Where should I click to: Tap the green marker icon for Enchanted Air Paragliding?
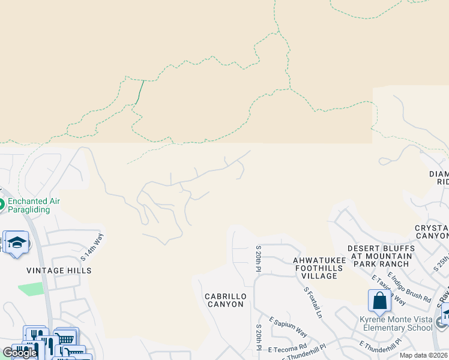1,205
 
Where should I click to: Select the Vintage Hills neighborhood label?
59,271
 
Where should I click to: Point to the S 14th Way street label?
92,247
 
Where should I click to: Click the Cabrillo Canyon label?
224,300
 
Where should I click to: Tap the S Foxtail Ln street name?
313,302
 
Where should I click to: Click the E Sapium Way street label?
288,328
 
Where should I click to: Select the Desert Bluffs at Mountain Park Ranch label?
381,256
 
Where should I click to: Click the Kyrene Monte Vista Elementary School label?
395,323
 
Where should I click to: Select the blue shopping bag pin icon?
379,301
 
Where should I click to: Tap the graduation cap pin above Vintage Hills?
17,242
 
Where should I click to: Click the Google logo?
20,353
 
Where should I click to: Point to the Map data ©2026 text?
423,355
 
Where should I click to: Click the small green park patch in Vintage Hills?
31,289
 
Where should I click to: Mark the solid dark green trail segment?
140,91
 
